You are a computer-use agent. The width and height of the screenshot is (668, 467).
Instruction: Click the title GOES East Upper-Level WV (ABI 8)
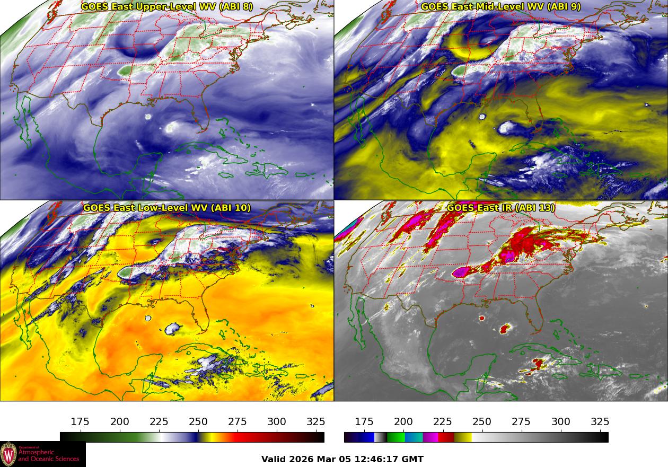click(167, 7)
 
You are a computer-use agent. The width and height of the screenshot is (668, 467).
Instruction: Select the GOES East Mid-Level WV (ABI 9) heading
click(501, 7)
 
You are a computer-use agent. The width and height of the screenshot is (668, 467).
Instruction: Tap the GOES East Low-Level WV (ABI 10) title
click(167, 208)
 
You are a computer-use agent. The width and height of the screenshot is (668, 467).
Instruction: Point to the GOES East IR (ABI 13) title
click(501, 208)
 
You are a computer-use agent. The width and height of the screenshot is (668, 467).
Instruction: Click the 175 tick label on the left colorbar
click(80, 422)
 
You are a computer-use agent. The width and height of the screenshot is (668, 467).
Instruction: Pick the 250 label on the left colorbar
click(198, 422)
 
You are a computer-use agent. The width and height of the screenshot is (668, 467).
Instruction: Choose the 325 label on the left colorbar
click(316, 422)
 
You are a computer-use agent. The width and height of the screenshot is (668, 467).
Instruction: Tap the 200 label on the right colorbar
click(403, 422)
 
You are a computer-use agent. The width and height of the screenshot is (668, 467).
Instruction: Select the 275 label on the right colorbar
click(521, 422)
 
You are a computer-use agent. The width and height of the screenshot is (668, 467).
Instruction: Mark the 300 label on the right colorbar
click(561, 422)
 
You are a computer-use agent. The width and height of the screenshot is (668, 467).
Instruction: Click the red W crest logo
click(8, 454)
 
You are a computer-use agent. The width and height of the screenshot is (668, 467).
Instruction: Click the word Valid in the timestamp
click(274, 459)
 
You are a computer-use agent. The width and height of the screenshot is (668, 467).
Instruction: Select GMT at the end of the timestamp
click(414, 459)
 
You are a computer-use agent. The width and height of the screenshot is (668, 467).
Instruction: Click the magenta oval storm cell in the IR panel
click(462, 272)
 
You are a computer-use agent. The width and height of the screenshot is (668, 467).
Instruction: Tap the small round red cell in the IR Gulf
click(482, 319)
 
